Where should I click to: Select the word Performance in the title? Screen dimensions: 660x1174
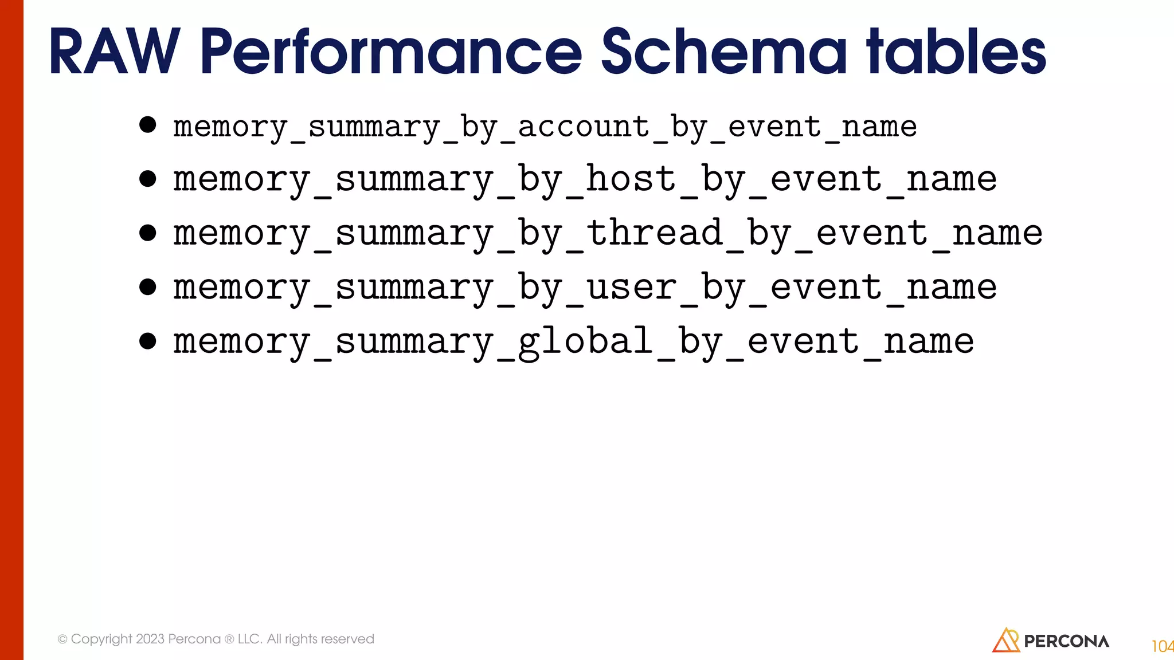coord(391,53)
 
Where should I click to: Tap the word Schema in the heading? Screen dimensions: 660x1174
coord(723,53)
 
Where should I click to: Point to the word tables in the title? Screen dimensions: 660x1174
coord(956,53)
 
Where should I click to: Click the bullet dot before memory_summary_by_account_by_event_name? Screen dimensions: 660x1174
coord(148,125)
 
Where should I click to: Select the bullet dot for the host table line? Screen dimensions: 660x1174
coord(148,179)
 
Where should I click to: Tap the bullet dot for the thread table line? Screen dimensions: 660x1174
coord(148,233)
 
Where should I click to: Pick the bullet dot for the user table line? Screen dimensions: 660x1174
coord(148,286)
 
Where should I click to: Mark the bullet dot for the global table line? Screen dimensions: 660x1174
coord(148,341)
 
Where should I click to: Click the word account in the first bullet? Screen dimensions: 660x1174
coord(584,127)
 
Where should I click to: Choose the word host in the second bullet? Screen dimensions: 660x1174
coord(631,179)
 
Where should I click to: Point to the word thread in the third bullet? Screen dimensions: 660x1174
coord(653,233)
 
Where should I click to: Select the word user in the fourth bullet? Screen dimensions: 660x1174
coord(631,287)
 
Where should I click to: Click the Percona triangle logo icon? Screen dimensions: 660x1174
coord(1006,640)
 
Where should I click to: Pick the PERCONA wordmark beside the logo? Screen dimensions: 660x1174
coord(1066,642)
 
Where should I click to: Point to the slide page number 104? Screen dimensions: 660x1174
coord(1162,646)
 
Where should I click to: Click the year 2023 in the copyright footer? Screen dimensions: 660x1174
coord(150,639)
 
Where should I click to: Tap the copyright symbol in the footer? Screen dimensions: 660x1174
coord(62,639)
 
